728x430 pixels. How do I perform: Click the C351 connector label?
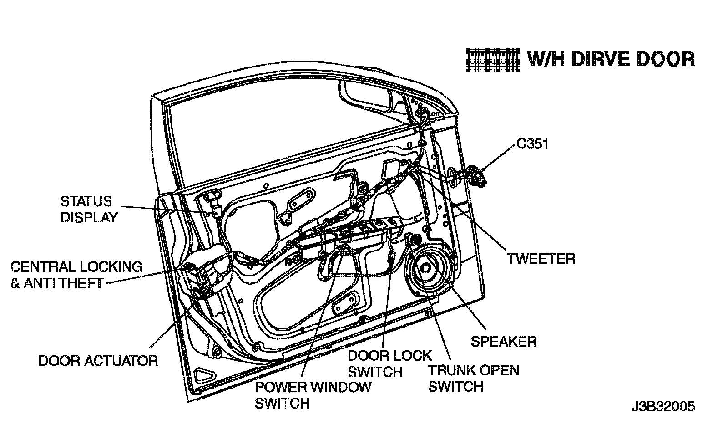(532, 144)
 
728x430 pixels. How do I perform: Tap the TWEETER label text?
(541, 259)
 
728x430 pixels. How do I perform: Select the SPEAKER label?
(504, 341)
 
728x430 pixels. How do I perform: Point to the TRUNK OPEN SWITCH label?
(473, 378)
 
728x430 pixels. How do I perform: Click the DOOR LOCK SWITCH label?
(389, 363)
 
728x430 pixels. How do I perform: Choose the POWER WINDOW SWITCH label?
(313, 395)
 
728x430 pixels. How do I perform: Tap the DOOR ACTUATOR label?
(98, 361)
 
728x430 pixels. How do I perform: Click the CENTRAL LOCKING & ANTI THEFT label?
(76, 275)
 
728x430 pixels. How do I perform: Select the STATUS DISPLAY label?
(89, 209)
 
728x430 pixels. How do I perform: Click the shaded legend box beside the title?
(493, 60)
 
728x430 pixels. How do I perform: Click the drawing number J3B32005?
(662, 406)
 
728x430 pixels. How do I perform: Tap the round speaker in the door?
(426, 269)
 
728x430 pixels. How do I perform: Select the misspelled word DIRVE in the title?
(594, 59)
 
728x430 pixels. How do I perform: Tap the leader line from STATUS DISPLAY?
(164, 209)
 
